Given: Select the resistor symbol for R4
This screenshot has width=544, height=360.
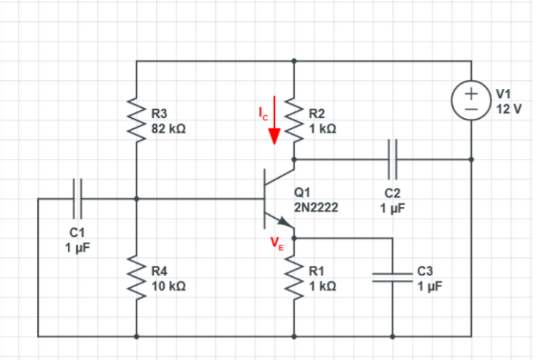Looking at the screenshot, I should [x=136, y=277].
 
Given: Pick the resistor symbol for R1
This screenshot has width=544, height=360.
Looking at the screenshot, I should [x=294, y=277].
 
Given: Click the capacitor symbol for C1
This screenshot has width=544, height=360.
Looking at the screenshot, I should [x=78, y=197].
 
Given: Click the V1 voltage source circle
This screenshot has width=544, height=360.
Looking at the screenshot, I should [x=472, y=101].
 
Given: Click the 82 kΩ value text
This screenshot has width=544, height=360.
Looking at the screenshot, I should [x=168, y=127].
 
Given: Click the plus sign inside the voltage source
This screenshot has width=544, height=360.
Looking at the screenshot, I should [x=472, y=93].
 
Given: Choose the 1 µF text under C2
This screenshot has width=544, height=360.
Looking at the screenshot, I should [x=392, y=207].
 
